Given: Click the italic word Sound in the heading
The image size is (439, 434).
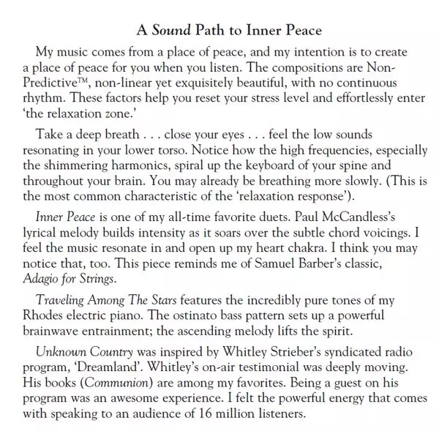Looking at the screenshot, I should [x=173, y=31].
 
